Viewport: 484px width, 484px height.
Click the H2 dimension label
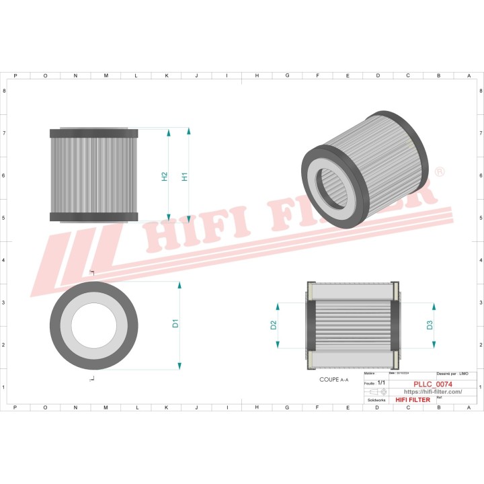click(x=164, y=177)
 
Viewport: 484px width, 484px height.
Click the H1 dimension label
click(x=185, y=177)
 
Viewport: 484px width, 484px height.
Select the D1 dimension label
click(x=175, y=323)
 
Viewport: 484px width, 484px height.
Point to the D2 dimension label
click(x=274, y=325)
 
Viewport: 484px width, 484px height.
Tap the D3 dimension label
click(x=430, y=325)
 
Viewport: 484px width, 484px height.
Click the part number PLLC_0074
click(x=432, y=383)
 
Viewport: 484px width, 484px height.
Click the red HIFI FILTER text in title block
click(x=413, y=400)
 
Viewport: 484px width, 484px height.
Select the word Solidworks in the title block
click(x=375, y=399)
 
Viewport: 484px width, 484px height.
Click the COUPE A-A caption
click(x=333, y=380)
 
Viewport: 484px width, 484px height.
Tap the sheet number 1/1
click(x=381, y=382)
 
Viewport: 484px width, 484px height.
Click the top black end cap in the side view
click(x=94, y=133)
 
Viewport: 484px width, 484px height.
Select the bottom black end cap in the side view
click(x=94, y=216)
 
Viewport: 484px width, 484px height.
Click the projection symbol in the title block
click(x=379, y=391)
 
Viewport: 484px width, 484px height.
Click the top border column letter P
click(x=15, y=76)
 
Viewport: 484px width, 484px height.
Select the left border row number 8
click(x=5, y=90)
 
